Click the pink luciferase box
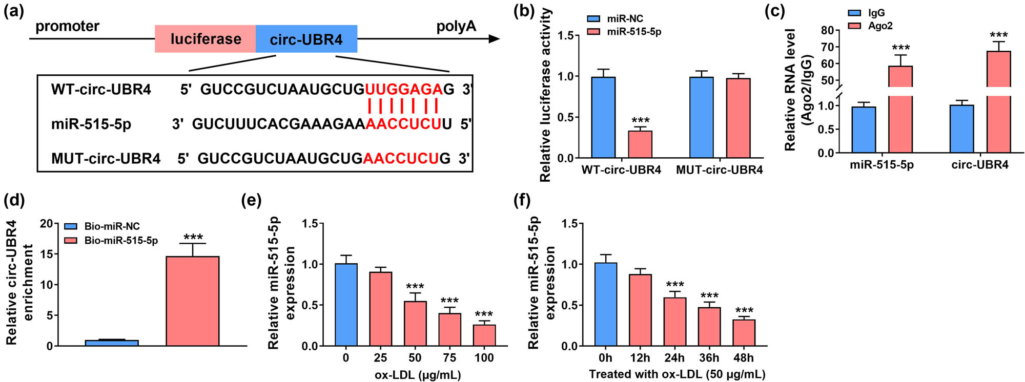pyautogui.click(x=205, y=39)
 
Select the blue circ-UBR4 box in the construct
pyautogui.click(x=306, y=39)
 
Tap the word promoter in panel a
pyautogui.click(x=67, y=26)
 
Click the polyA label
pyautogui.click(x=456, y=26)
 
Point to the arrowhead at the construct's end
pyautogui.click(x=495, y=39)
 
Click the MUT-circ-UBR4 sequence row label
pyautogui.click(x=106, y=158)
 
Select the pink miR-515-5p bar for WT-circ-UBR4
pyautogui.click(x=640, y=144)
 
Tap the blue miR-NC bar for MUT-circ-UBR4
pyautogui.click(x=701, y=117)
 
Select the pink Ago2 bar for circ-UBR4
pyautogui.click(x=998, y=102)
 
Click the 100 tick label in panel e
pyautogui.click(x=484, y=358)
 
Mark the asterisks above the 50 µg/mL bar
pyautogui.click(x=415, y=287)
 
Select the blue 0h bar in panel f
pyautogui.click(x=605, y=305)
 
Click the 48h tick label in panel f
pyautogui.click(x=744, y=358)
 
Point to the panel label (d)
pyautogui.click(x=14, y=200)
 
